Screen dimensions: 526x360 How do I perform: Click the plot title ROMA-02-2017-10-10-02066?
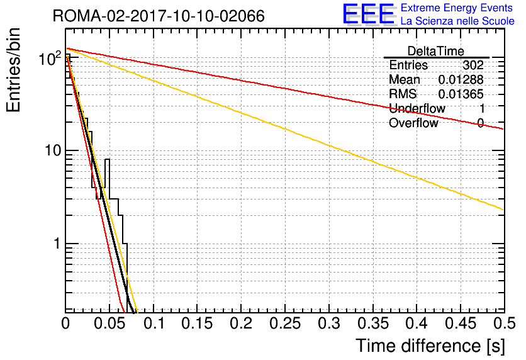click(159, 16)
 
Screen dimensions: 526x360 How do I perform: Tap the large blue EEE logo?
click(369, 14)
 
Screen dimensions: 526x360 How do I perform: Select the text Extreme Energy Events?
click(457, 8)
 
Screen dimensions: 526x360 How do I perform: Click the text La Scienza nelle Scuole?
click(457, 21)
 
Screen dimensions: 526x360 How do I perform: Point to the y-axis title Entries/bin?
click(13, 70)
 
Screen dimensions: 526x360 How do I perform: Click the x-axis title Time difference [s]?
click(430, 346)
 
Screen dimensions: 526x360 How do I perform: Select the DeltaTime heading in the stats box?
click(436, 51)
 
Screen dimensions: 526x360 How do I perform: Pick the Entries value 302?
click(473, 65)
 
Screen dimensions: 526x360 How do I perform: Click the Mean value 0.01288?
click(461, 79)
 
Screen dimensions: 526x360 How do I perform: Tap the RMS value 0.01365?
click(461, 94)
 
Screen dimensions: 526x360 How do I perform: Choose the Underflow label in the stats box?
click(417, 108)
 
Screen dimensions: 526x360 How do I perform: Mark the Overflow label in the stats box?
click(413, 123)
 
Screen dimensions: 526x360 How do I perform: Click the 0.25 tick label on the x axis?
click(285, 323)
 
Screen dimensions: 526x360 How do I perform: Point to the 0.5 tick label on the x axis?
click(505, 323)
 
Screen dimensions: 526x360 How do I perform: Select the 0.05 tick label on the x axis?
click(109, 323)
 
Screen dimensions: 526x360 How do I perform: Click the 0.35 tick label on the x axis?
click(373, 323)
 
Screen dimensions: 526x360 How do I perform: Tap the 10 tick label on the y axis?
click(53, 150)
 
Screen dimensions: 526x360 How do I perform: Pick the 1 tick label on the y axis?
click(57, 244)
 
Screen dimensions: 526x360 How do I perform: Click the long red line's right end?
click(504, 129)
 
